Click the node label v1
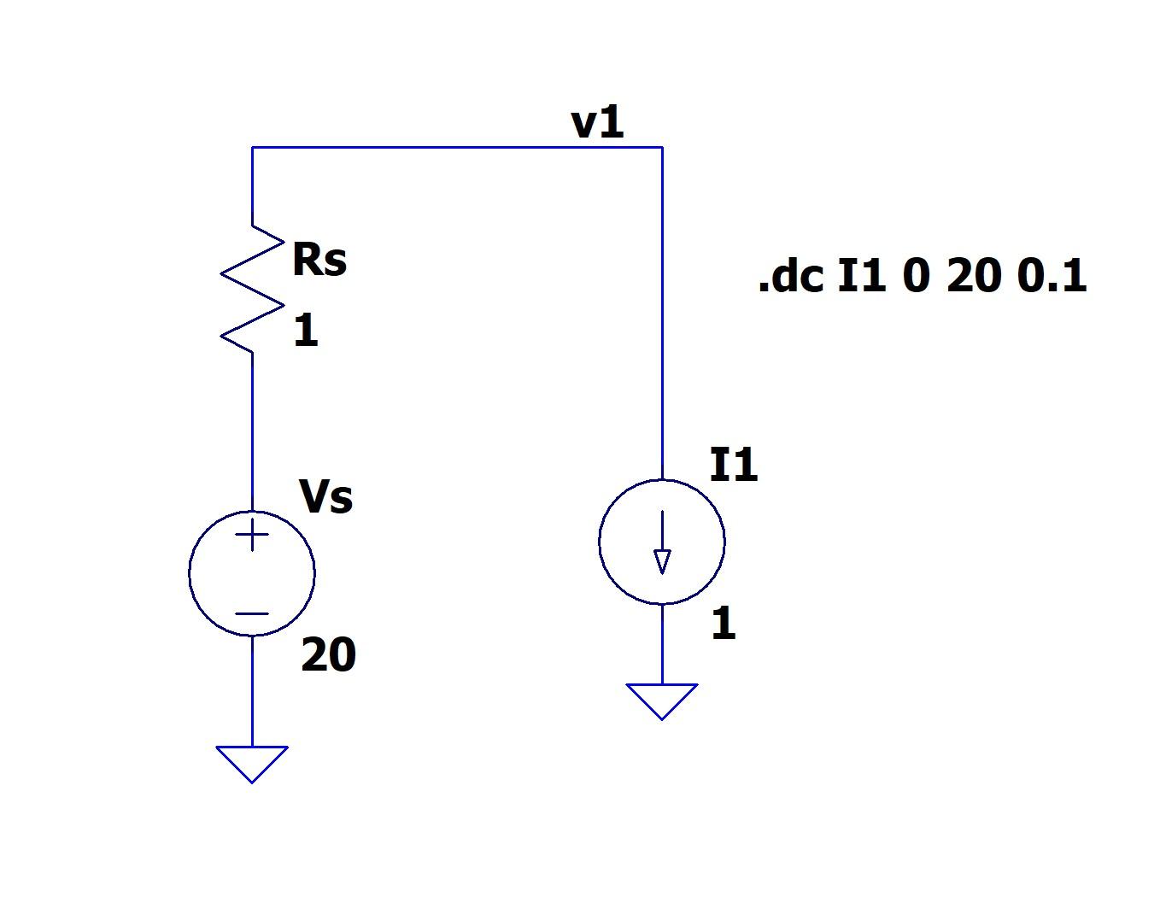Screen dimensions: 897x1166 598,123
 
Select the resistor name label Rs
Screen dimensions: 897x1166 319,260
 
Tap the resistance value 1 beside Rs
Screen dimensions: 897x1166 306,331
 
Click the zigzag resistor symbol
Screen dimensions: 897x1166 252,289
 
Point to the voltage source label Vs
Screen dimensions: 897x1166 325,496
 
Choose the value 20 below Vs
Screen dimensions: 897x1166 328,655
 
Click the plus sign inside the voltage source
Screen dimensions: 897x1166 252,536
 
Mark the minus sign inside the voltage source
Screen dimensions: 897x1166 252,613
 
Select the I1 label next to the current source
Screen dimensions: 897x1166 734,466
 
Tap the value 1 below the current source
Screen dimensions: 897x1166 723,624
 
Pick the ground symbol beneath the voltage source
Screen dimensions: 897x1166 252,761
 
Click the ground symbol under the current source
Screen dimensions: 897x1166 662,699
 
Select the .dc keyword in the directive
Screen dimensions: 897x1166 790,277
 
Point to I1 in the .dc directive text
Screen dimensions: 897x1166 862,277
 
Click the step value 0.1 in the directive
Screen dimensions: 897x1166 1052,277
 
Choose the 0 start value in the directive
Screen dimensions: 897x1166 915,277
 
